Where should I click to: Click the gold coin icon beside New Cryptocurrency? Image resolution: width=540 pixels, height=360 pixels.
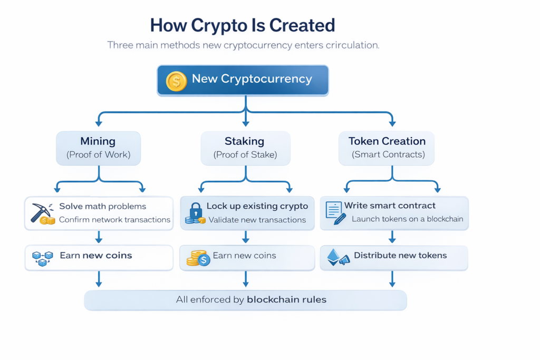pyautogui.click(x=176, y=81)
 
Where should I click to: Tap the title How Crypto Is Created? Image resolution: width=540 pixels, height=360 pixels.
pyautogui.click(x=242, y=25)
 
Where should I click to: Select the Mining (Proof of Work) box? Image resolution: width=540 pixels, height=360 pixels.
pyautogui.click(x=98, y=148)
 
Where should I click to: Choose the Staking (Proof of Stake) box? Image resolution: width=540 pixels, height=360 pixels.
pyautogui.click(x=245, y=148)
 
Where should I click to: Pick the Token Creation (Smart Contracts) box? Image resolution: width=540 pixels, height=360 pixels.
pyautogui.click(x=387, y=148)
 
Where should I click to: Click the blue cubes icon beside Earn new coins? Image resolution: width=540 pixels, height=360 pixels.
pyautogui.click(x=43, y=258)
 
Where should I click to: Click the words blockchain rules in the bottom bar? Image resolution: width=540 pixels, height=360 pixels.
pyautogui.click(x=286, y=300)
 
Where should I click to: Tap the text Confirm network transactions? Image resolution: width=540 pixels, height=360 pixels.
pyautogui.click(x=114, y=220)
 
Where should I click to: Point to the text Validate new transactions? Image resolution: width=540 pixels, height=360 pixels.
pyautogui.click(x=257, y=220)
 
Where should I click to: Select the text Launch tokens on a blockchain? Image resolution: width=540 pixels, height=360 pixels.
pyautogui.click(x=407, y=219)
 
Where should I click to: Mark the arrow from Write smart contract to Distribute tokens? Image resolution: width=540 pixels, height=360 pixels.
pyautogui.click(x=392, y=237)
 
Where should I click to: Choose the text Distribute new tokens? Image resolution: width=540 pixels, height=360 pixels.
pyautogui.click(x=400, y=256)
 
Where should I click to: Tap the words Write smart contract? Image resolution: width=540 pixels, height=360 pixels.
pyautogui.click(x=390, y=206)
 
